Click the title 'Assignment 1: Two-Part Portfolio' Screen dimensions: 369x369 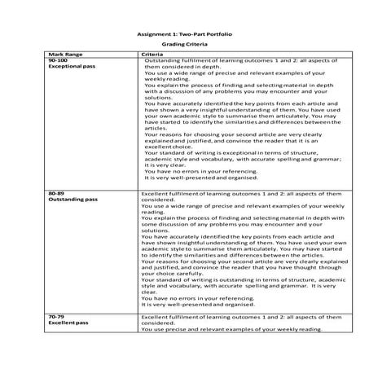(184, 36)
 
